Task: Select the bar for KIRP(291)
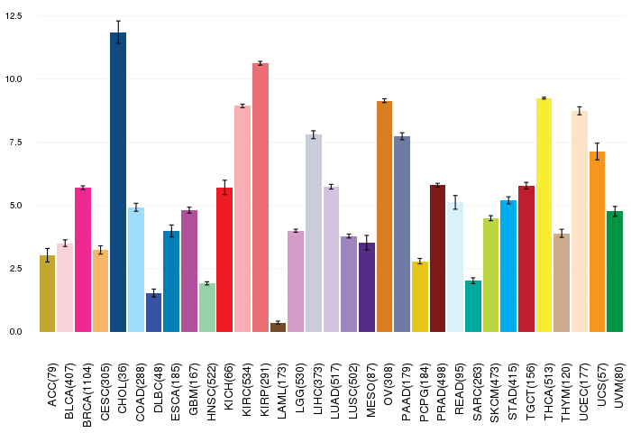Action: pos(261,198)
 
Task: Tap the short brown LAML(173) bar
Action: pos(278,327)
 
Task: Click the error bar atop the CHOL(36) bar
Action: pos(118,32)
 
